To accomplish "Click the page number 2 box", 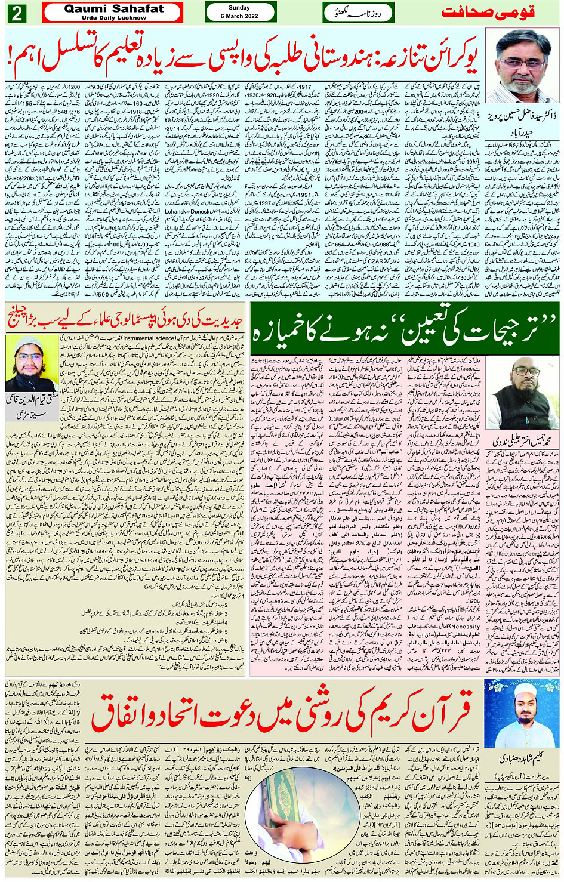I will pos(16,13).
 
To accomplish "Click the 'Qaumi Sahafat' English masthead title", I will pos(113,9).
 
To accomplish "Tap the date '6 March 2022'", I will pos(239,16).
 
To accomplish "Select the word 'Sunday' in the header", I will pos(239,8).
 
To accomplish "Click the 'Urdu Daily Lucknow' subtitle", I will pos(113,18).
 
